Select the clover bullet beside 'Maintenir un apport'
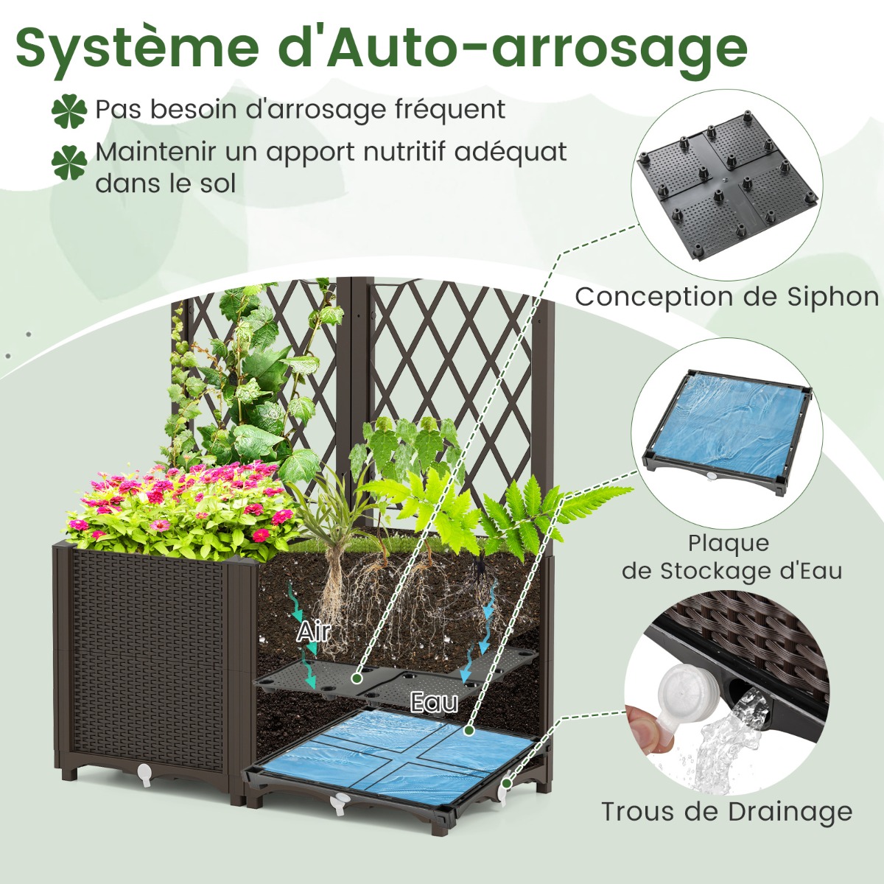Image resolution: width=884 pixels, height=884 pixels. click(x=69, y=163)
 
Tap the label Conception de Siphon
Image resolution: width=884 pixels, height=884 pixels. click(x=727, y=297)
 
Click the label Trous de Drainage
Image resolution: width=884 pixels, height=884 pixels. click(x=727, y=812)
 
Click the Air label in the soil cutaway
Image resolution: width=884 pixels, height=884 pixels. click(x=313, y=631)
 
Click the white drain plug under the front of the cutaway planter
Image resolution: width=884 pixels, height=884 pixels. click(x=339, y=805)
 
